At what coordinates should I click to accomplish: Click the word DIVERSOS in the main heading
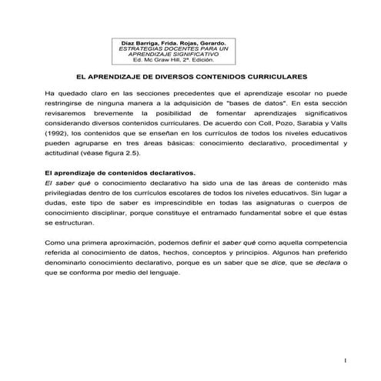point(169,78)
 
